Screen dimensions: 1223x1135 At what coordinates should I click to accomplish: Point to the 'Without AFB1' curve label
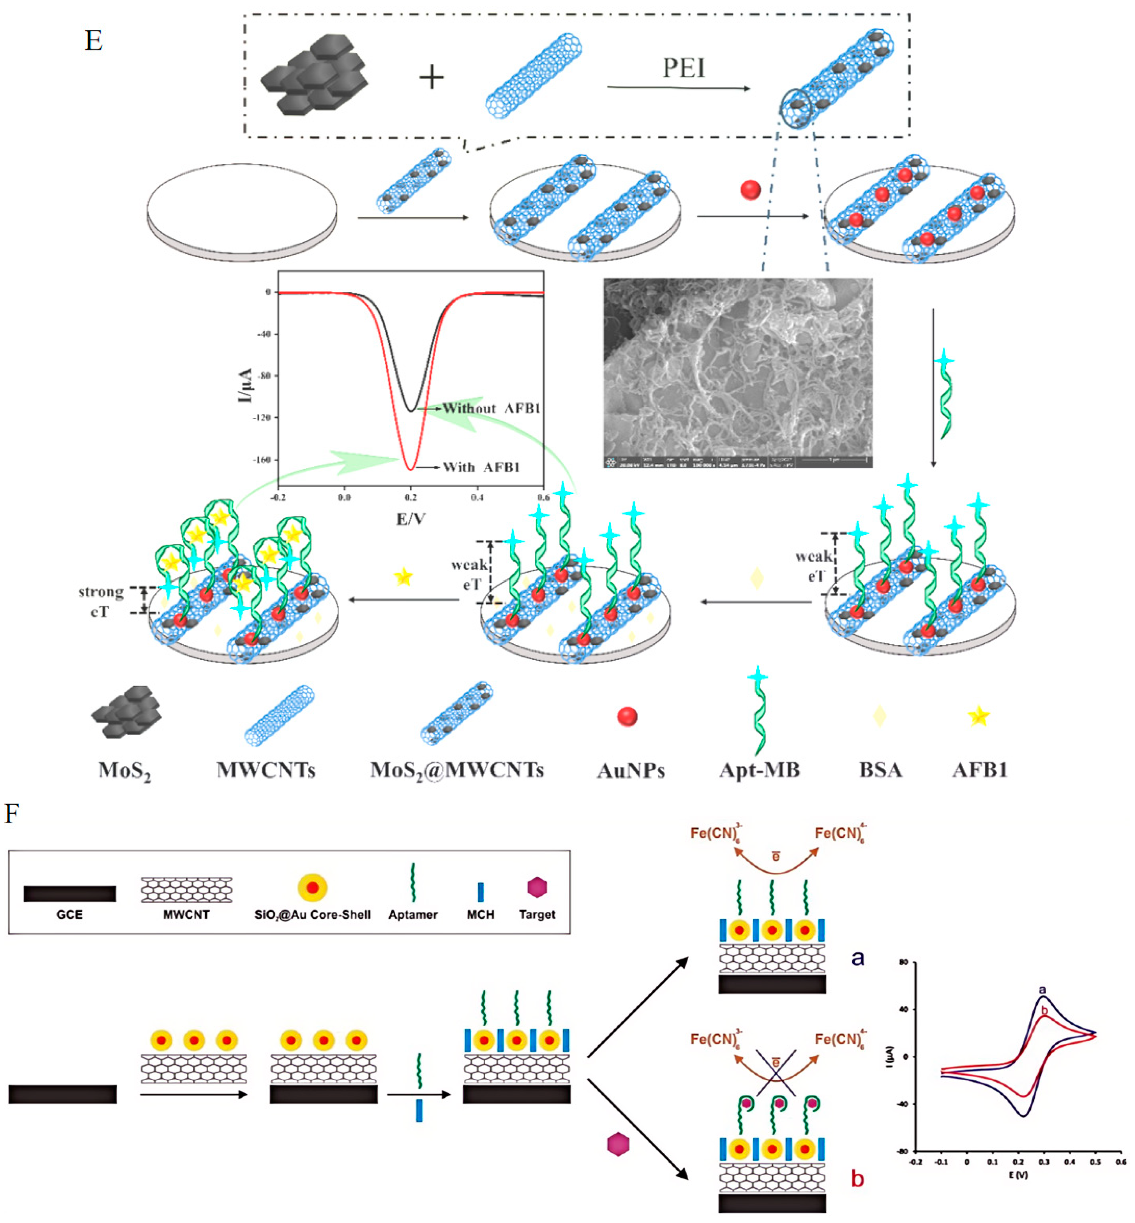click(491, 408)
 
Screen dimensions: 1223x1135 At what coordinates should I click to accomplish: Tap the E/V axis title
click(410, 519)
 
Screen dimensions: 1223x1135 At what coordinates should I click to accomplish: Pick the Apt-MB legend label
click(760, 770)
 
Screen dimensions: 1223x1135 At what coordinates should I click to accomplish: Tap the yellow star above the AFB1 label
click(978, 716)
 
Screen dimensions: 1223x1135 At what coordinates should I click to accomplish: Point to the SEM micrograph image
click(738, 372)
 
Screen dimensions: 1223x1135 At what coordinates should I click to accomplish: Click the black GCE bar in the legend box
click(70, 893)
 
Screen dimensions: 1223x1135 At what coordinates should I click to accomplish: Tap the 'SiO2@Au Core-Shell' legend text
click(313, 915)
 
